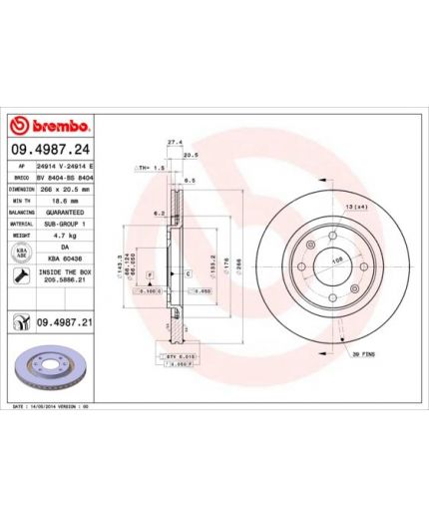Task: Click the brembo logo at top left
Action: [50, 126]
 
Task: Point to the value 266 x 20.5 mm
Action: [64, 187]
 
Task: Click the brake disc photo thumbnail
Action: [50, 370]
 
